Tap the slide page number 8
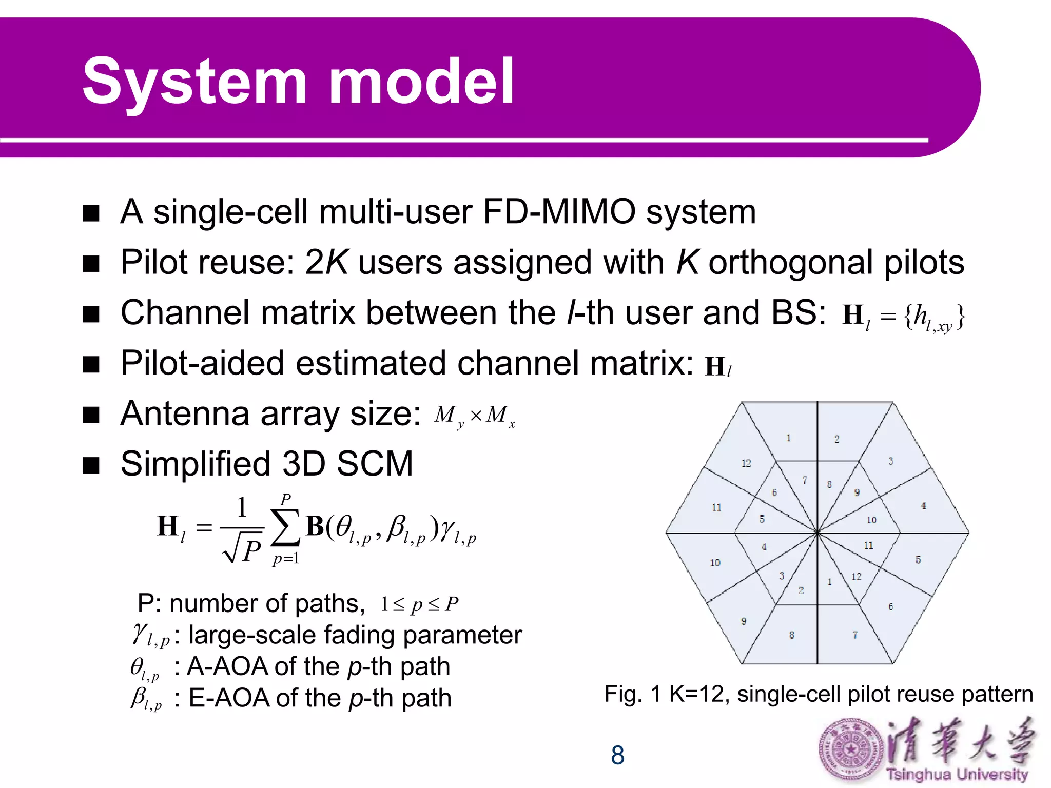click(x=617, y=755)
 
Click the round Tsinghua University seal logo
click(x=850, y=750)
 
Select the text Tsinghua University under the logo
click(x=957, y=774)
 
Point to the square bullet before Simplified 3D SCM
click(x=91, y=465)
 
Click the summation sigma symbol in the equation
click(x=285, y=528)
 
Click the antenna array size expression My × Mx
click(x=474, y=416)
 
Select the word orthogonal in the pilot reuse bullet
click(x=790, y=262)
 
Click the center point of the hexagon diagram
click(x=817, y=533)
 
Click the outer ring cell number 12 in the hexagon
click(x=746, y=463)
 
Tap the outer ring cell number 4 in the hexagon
click(x=923, y=506)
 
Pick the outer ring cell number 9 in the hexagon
click(x=744, y=621)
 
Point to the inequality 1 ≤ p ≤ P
click(x=419, y=604)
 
